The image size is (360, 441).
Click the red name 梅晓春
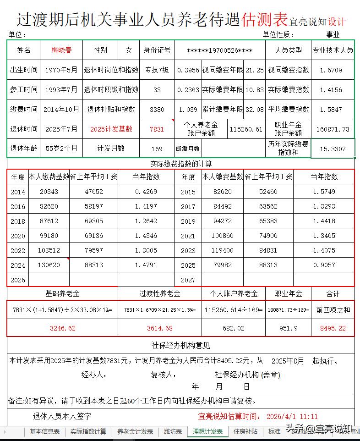click(62, 50)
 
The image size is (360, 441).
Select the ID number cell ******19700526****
click(220, 50)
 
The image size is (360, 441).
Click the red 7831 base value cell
click(157, 129)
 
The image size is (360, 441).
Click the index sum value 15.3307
click(333, 149)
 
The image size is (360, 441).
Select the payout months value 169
click(157, 149)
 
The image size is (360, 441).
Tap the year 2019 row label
click(188, 221)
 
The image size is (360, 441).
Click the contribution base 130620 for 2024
click(49, 265)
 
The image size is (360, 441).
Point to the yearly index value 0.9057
click(324, 265)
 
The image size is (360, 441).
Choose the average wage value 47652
click(94, 192)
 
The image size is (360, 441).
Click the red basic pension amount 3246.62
click(62, 328)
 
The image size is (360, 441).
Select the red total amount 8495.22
click(333, 328)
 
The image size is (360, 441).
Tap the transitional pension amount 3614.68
click(159, 328)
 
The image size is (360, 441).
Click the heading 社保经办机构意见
click(180, 346)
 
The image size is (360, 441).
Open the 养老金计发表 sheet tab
click(135, 431)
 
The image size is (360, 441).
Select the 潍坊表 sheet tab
click(173, 431)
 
